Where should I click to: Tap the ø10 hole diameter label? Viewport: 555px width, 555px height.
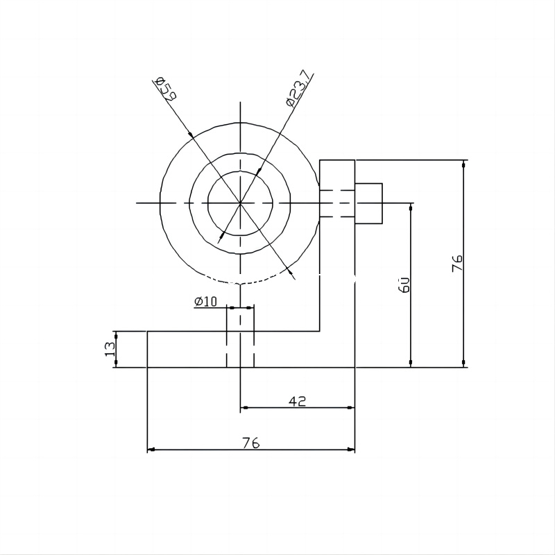[x=206, y=301]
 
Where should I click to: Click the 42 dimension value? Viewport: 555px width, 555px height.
[x=298, y=401]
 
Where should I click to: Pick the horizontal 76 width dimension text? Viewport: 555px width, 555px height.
[x=251, y=443]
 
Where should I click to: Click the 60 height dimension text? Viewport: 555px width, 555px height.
[x=405, y=284]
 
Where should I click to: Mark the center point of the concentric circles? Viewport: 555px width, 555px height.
[x=240, y=203]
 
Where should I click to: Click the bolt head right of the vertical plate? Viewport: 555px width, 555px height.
[x=368, y=203]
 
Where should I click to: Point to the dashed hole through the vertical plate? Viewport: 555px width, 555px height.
[x=337, y=203]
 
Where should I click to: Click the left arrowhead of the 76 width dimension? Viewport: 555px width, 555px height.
[x=151, y=450]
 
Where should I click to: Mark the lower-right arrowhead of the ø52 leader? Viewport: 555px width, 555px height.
[x=293, y=277]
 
